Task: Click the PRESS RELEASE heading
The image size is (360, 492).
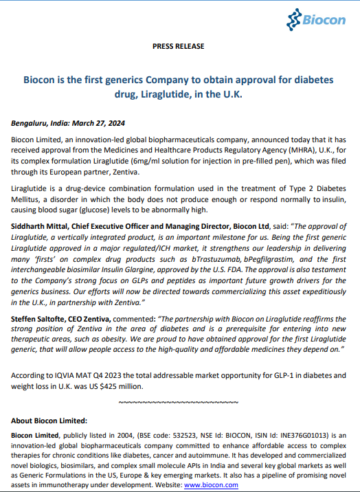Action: pyautogui.click(x=178, y=47)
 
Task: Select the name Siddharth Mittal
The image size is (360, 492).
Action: pyautogui.click(x=38, y=225)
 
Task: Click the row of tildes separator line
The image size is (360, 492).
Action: pyautogui.click(x=178, y=401)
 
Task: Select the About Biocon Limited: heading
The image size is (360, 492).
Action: pyautogui.click(x=49, y=421)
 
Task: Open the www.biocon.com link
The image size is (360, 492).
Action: pyautogui.click(x=211, y=484)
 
